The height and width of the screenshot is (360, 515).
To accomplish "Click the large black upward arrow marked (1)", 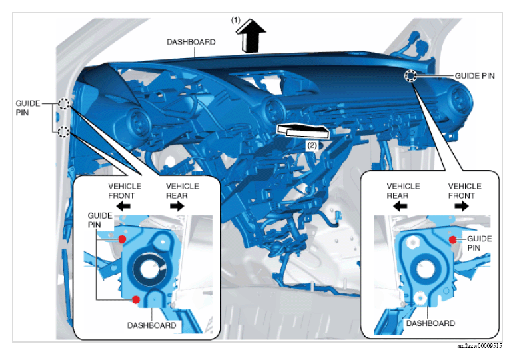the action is pos(251,35).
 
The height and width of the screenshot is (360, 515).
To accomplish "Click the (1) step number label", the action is pos(235,21).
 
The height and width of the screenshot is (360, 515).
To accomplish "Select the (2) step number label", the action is pos(312,145).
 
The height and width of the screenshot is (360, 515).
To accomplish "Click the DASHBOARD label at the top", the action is pos(191,42).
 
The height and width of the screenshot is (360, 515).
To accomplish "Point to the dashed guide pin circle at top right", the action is pos(410,76).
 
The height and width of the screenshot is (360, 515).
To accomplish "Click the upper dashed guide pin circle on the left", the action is pos(64,103).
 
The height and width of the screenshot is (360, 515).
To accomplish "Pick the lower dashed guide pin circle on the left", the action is pos(63,132).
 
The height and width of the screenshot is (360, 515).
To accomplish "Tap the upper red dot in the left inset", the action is pos(122,239).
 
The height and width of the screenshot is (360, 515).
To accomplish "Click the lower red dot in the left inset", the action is pos(136,299).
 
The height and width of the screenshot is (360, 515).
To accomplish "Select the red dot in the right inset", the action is pos(453,240).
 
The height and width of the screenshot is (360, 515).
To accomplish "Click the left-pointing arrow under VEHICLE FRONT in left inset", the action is pos(123,207).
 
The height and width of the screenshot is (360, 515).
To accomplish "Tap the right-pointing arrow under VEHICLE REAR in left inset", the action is pos(177,207).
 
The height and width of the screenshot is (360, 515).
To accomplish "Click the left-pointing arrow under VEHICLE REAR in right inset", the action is pos(400,207).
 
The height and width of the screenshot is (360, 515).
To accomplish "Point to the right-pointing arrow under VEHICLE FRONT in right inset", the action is pos(462,207).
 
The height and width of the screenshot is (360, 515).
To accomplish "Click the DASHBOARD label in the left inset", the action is pos(152,325).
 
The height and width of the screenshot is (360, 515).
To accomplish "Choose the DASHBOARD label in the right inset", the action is pos(430,323).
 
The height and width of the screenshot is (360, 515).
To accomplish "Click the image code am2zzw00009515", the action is pos(480,346).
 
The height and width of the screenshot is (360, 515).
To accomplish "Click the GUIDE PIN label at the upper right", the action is pos(474,76).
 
